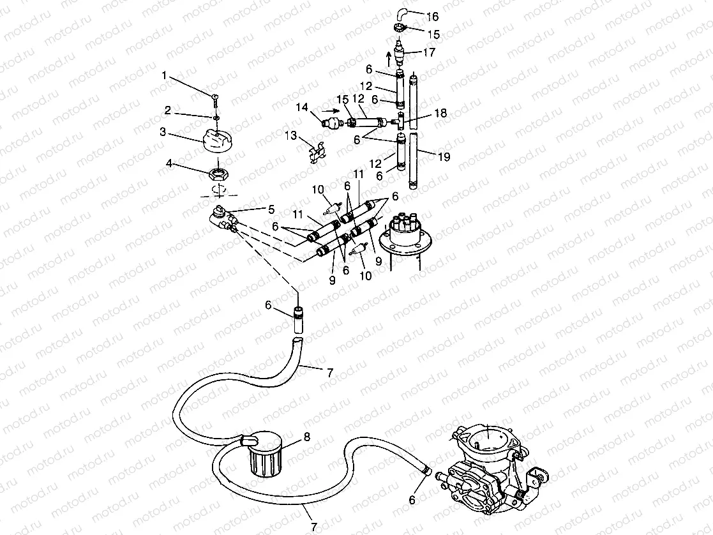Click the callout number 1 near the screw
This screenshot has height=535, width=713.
click(164, 75)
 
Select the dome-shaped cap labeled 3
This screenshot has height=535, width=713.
click(214, 139)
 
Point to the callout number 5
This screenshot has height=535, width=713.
click(271, 208)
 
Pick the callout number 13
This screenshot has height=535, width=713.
click(292, 135)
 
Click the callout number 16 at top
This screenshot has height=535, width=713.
click(432, 16)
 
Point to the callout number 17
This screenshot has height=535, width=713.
click(429, 53)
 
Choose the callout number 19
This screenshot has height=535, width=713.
click(442, 154)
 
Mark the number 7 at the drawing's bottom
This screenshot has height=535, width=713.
click(313, 526)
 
